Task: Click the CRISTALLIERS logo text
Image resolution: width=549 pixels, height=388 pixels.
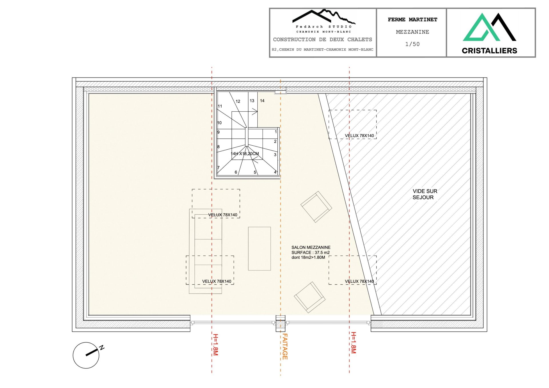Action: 489,51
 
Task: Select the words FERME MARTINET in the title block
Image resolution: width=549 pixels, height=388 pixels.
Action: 412,19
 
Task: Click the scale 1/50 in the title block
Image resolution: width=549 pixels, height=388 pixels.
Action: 412,44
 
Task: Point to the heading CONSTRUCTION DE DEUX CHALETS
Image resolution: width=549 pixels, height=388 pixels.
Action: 323,39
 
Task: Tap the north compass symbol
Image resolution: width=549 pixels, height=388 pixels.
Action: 86,355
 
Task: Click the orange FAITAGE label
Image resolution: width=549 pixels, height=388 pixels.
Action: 285,346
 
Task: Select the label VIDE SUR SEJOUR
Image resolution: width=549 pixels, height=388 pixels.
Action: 424,194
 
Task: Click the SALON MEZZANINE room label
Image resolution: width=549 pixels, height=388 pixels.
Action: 311,247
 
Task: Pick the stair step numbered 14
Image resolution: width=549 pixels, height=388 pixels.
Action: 262,101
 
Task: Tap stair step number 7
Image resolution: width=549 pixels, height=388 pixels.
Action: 218,168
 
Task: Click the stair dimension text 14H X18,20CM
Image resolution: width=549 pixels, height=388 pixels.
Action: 245,154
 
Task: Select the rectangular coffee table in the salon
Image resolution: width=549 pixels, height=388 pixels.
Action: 259,248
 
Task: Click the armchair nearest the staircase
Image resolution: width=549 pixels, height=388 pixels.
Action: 316,207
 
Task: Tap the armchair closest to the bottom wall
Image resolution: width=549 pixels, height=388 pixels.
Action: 309,297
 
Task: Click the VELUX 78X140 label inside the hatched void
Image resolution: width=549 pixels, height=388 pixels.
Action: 359,136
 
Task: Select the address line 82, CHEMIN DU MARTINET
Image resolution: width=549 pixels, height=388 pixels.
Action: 323,50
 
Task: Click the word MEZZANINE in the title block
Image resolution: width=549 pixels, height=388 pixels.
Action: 412,32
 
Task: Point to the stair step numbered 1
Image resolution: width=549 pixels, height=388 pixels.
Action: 276,132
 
